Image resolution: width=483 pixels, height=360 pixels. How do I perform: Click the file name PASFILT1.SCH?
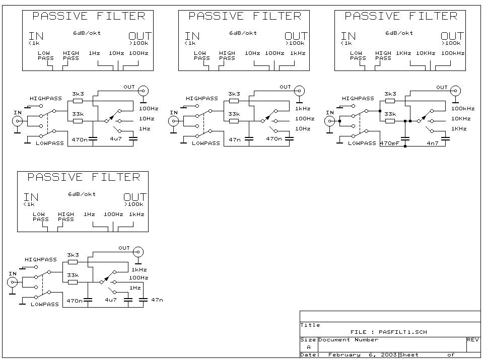[x=402, y=332]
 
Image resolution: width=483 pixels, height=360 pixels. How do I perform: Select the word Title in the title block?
[x=310, y=325]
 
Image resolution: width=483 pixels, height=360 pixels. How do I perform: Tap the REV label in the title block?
[x=473, y=340]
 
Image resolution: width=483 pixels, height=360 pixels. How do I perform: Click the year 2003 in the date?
[x=388, y=355]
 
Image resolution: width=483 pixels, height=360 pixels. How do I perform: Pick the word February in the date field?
[x=344, y=355]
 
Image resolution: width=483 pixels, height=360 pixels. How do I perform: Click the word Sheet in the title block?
[x=409, y=355]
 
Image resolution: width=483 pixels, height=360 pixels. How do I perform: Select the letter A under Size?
[x=309, y=347]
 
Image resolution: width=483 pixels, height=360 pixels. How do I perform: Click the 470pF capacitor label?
[x=390, y=143]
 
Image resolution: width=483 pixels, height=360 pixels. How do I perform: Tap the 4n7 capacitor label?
[x=433, y=143]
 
